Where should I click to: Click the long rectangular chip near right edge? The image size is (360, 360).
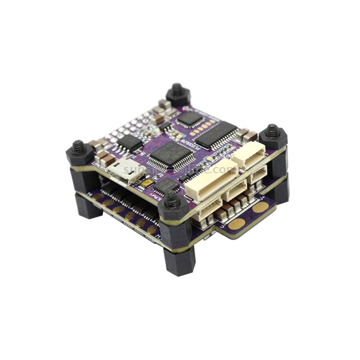tap(216, 135)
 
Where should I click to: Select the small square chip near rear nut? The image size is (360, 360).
tap(190, 118)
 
